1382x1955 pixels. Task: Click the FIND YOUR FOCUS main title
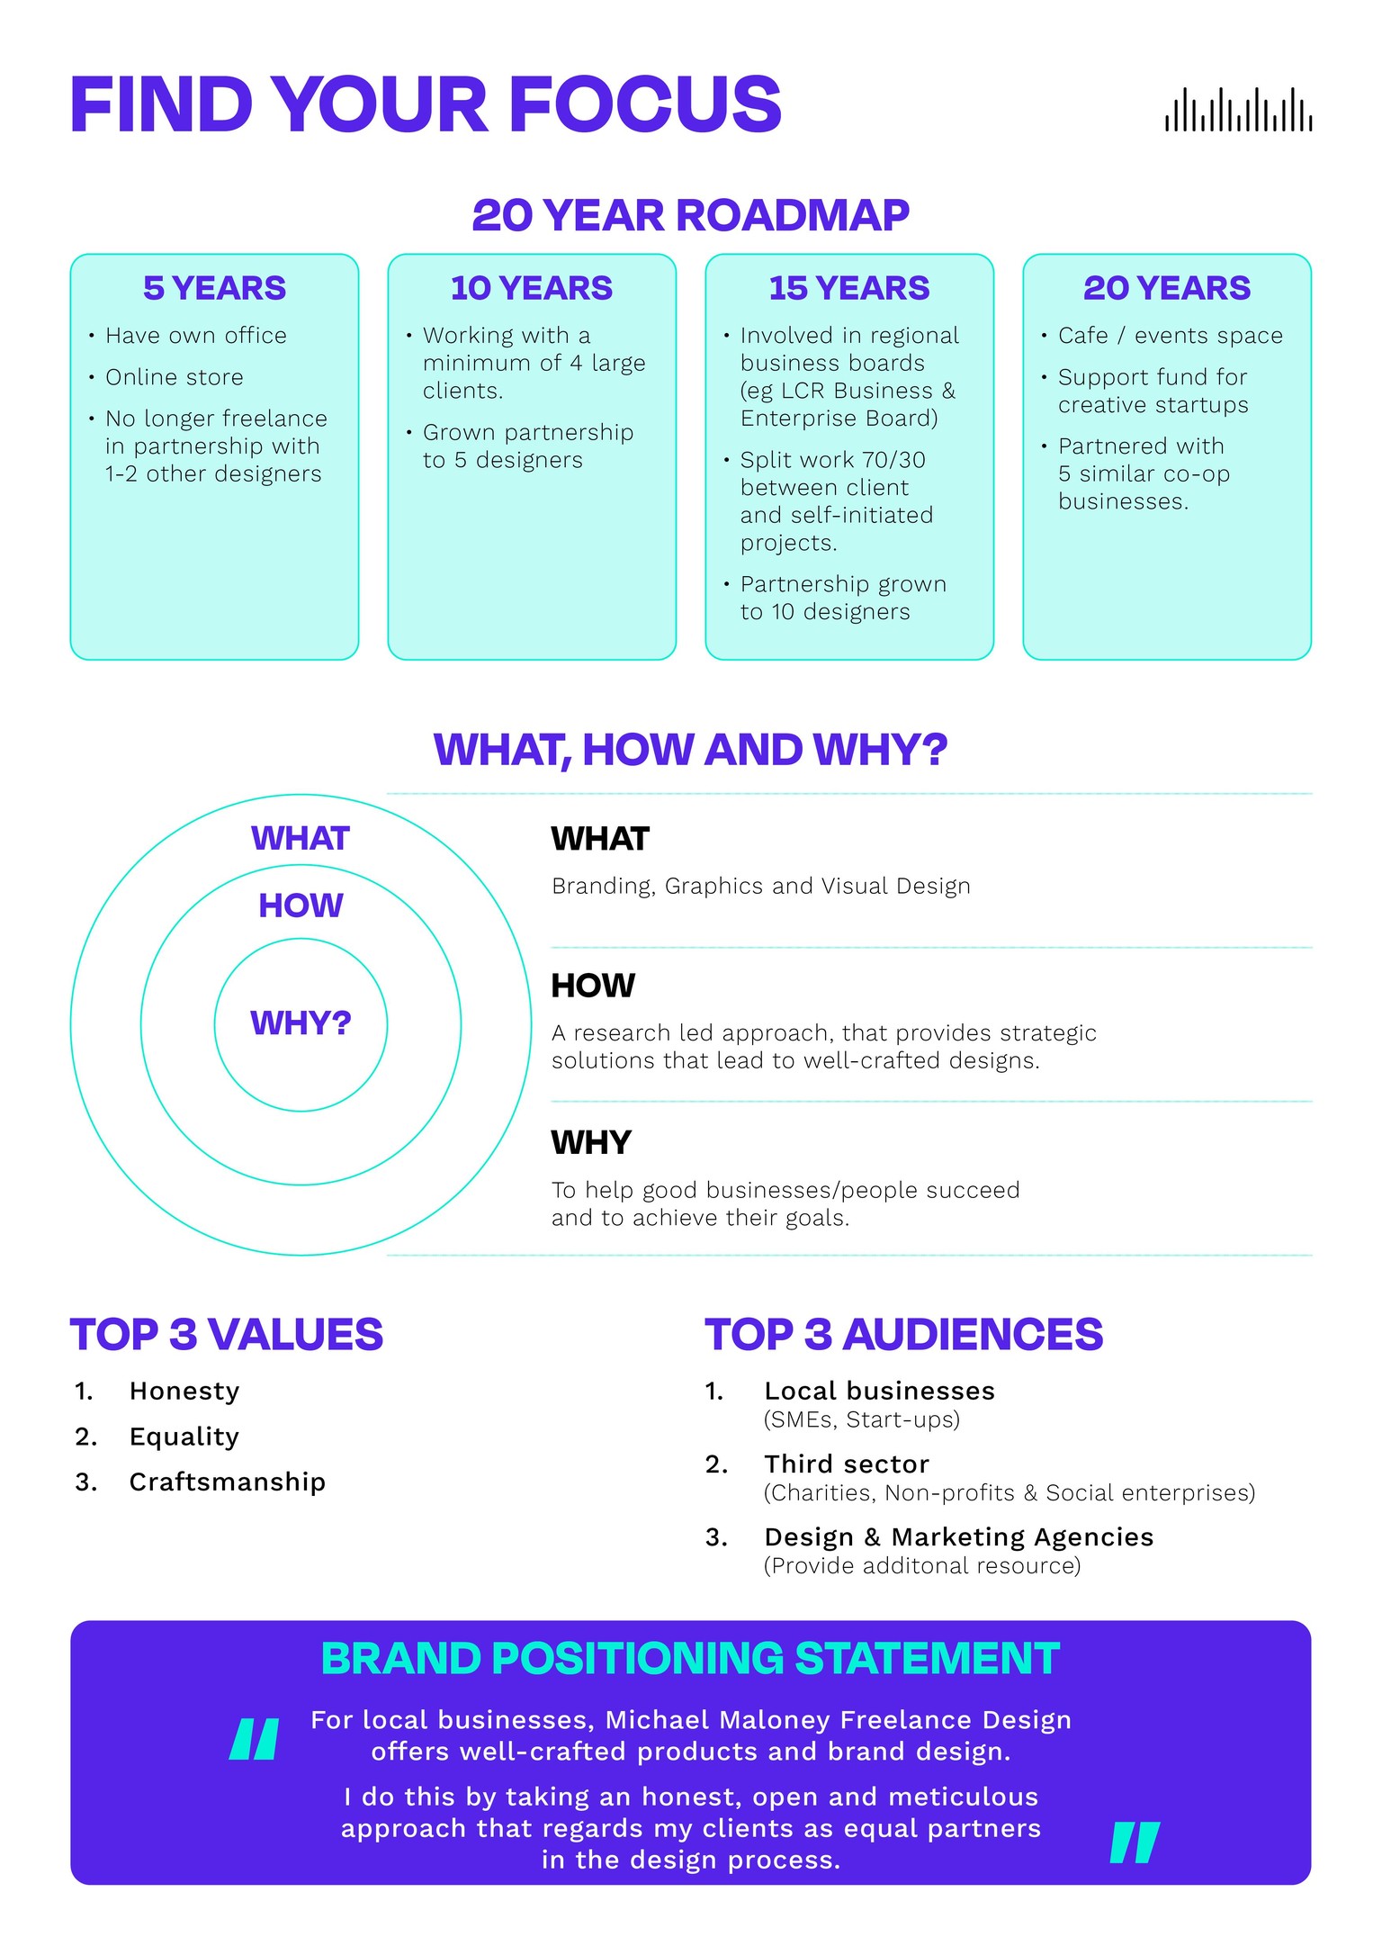[426, 104]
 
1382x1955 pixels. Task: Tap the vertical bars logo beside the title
[1238, 109]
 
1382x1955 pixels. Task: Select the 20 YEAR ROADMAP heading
[690, 215]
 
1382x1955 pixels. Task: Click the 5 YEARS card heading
[214, 288]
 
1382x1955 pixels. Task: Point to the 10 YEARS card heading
[532, 288]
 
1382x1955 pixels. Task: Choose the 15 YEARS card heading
[849, 288]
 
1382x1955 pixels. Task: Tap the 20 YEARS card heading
[1167, 288]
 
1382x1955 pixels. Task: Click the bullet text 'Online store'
[175, 377]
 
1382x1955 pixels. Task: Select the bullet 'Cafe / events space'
[1171, 336]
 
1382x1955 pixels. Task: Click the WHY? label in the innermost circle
[301, 1023]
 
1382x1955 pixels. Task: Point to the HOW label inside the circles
[301, 905]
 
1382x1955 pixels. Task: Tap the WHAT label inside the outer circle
[301, 838]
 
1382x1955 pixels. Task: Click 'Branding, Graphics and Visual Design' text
[761, 887]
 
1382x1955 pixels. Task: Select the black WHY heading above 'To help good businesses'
[591, 1142]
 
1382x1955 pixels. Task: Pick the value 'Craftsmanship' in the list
[228, 1482]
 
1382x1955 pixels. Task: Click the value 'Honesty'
[184, 1392]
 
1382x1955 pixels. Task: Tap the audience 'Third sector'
[847, 1464]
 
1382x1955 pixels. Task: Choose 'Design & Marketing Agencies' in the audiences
[959, 1537]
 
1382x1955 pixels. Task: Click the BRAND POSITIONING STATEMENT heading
[690, 1659]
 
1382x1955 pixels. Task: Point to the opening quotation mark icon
[255, 1739]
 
